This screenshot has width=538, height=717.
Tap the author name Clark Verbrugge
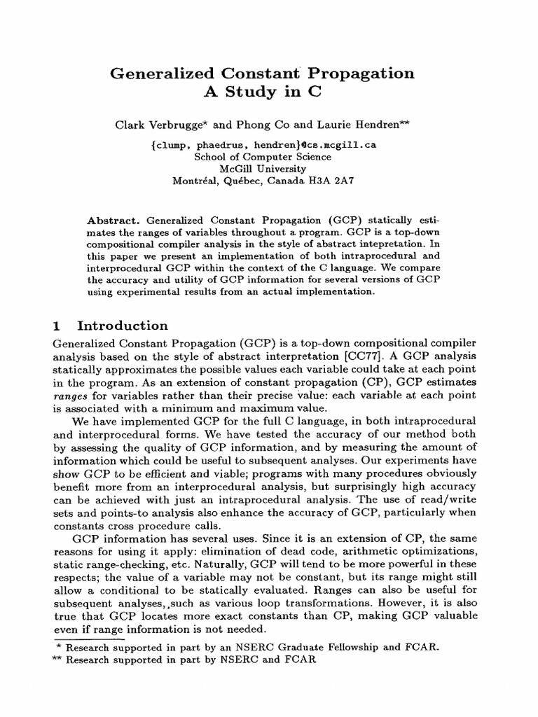(x=165, y=126)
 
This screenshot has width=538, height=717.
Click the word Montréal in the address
(x=195, y=181)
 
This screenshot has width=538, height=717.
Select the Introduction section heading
(x=123, y=326)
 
